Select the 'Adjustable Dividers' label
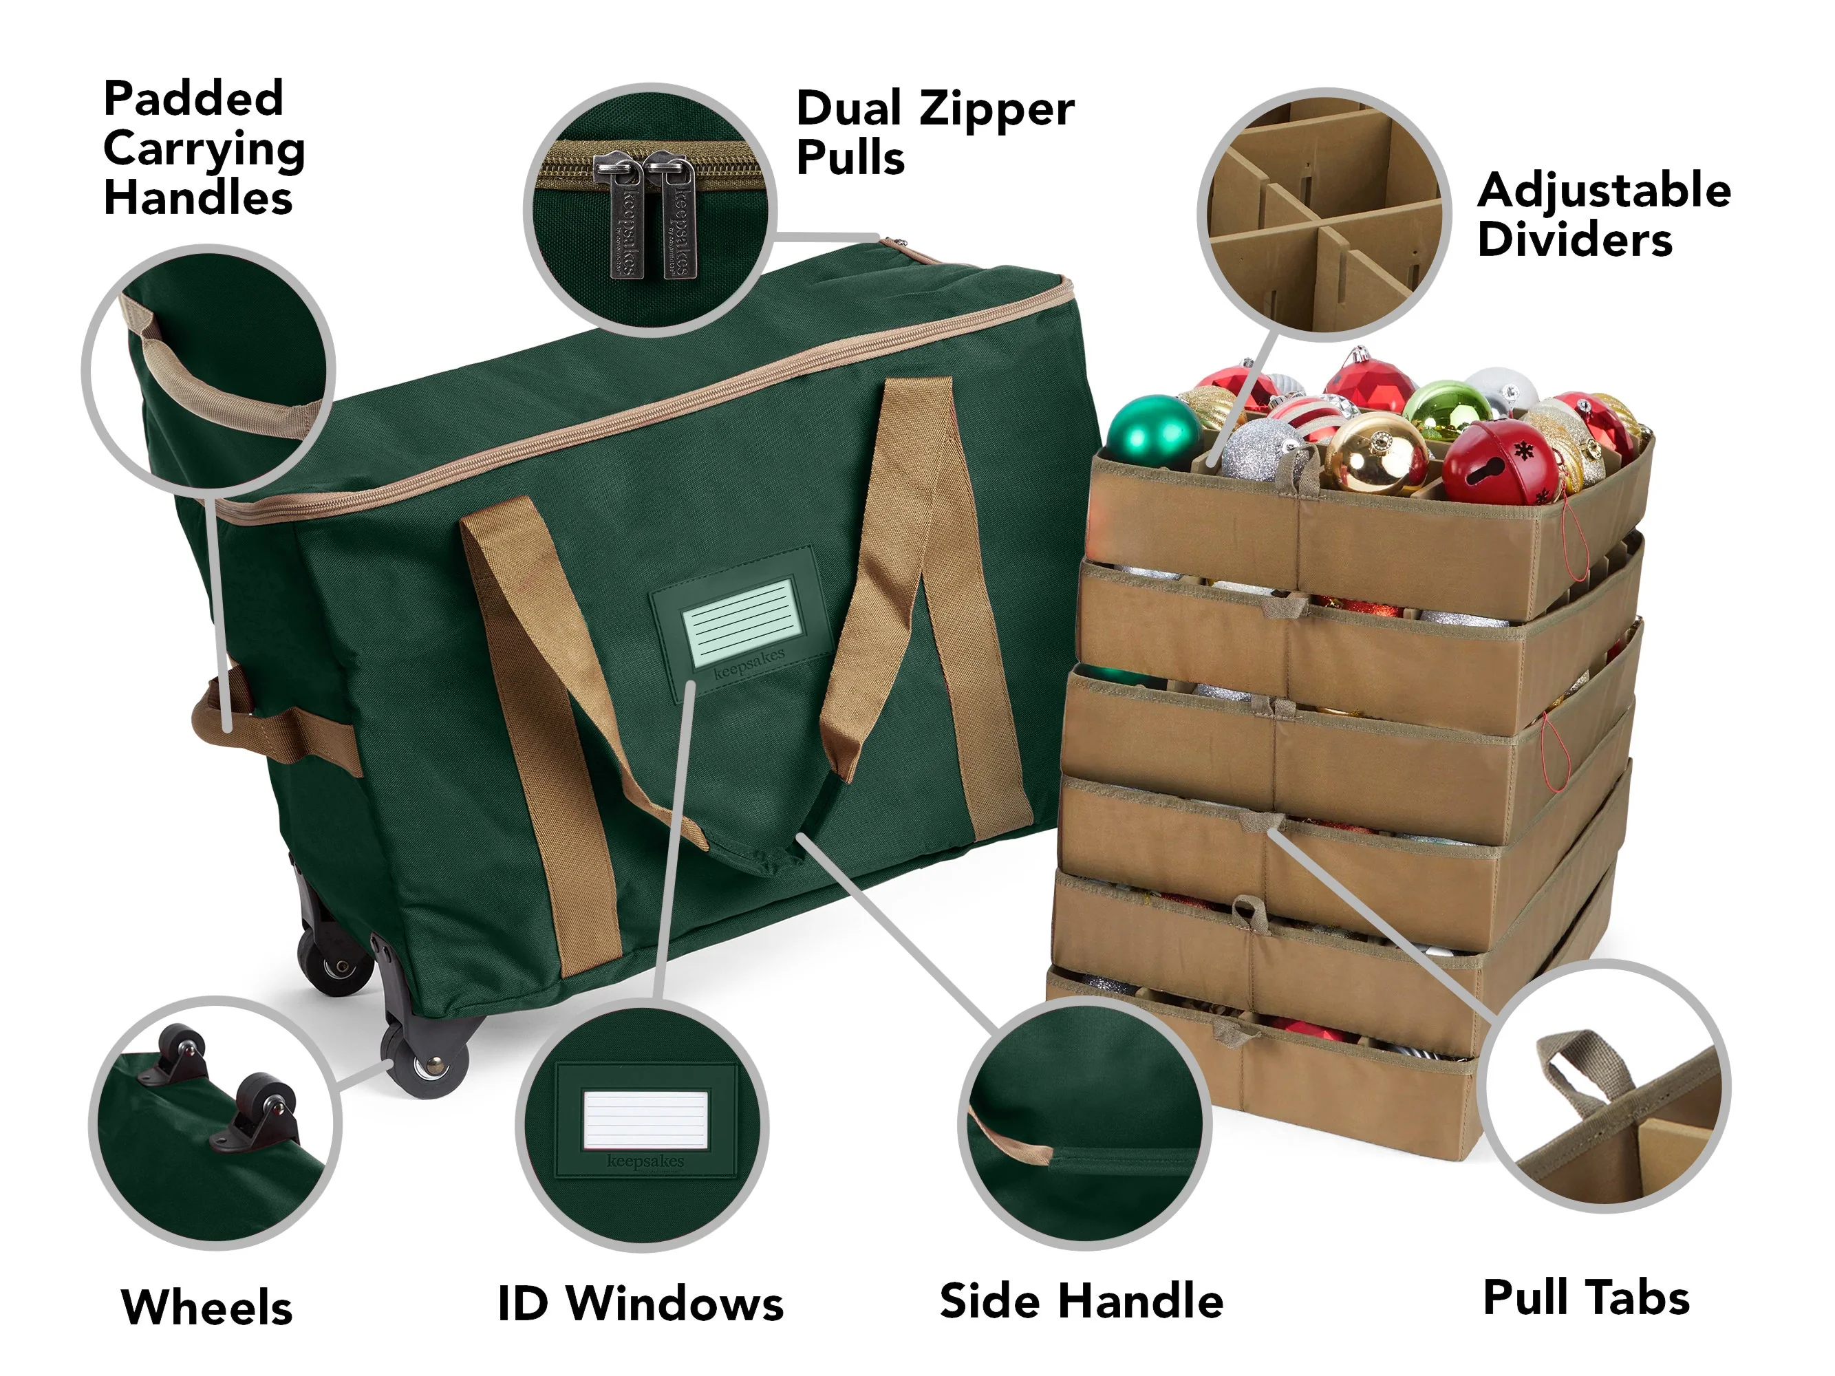pyautogui.click(x=1605, y=214)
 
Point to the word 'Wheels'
pyautogui.click(x=206, y=1307)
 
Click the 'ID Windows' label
pyautogui.click(x=641, y=1303)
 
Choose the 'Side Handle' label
pyautogui.click(x=1081, y=1300)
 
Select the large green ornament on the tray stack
pyautogui.click(x=1153, y=429)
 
